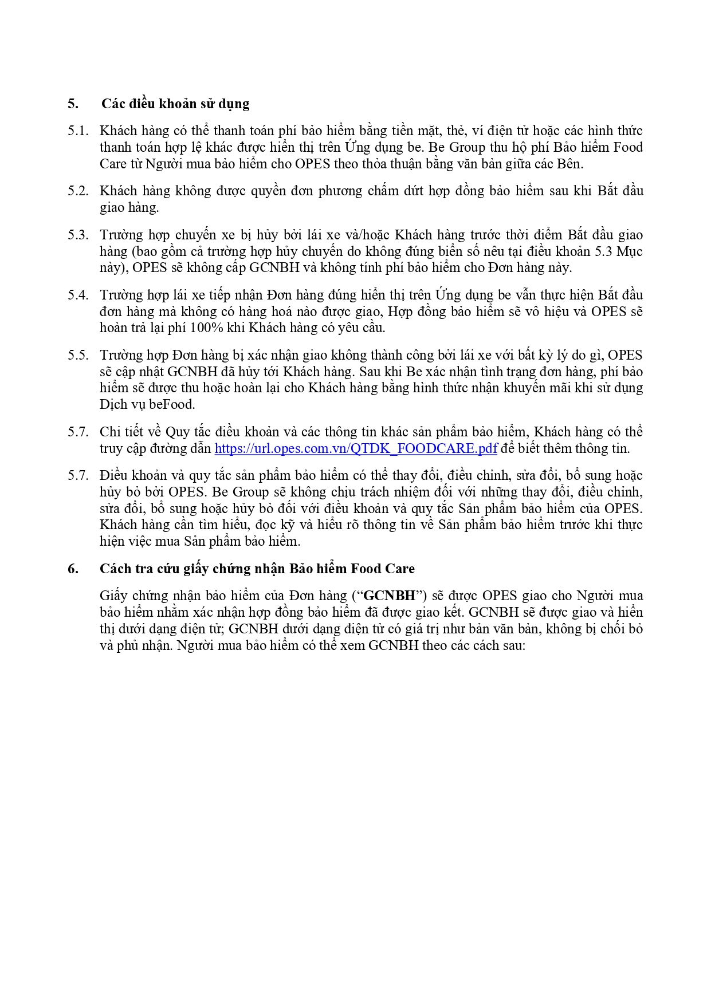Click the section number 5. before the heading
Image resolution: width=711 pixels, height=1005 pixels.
[x=73, y=104]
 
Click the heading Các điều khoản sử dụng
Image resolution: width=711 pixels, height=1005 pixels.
[x=175, y=104]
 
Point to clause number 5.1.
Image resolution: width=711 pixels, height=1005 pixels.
[x=78, y=131]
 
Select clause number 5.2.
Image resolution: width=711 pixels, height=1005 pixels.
[x=78, y=191]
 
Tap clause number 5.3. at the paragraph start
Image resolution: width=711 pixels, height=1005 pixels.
[x=78, y=235]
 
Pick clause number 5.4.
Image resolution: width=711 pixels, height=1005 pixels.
[x=78, y=295]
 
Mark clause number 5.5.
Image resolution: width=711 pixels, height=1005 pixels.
[x=78, y=355]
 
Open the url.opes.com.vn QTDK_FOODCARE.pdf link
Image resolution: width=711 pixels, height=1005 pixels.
[x=356, y=448]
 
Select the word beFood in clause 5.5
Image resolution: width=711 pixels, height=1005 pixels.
[x=172, y=404]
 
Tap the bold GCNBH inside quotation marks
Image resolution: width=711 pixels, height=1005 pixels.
[x=389, y=596]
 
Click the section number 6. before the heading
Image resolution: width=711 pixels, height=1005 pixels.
[x=73, y=569]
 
